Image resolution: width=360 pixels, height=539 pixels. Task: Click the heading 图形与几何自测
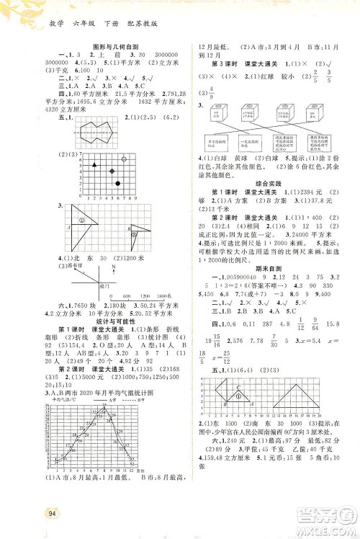pyautogui.click(x=109, y=47)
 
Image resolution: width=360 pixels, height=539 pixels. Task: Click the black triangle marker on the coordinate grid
pyautogui.click(x=94, y=165)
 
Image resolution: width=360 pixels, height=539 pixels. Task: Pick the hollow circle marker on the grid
pyautogui.click(x=125, y=159)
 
